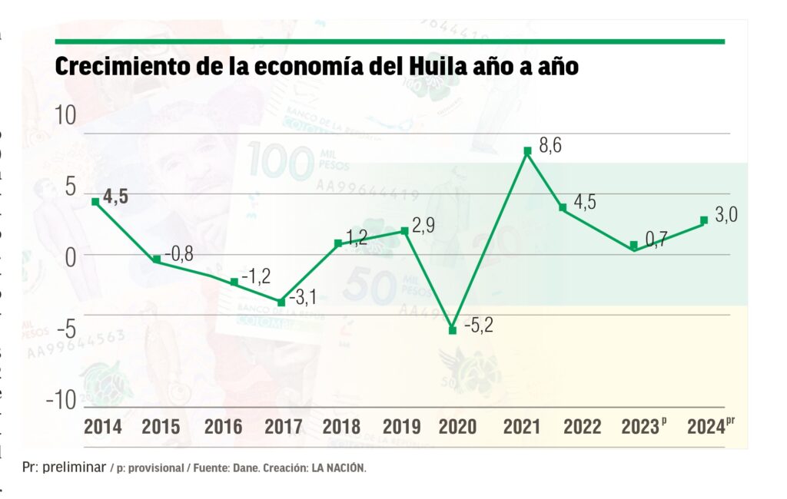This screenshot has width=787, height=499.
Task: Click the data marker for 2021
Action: [528, 150]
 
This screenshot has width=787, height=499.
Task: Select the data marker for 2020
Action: [453, 330]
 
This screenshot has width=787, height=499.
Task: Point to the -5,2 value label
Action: [478, 325]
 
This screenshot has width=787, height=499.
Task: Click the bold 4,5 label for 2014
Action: [115, 196]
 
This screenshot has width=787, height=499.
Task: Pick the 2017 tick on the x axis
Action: [282, 427]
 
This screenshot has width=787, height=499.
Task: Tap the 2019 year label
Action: [402, 427]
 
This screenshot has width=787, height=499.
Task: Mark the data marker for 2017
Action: [281, 302]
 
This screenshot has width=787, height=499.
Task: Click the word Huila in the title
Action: [429, 68]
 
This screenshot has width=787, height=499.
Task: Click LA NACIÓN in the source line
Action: [338, 468]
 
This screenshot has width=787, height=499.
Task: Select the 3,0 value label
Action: [726, 215]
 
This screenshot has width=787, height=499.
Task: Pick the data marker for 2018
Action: [338, 243]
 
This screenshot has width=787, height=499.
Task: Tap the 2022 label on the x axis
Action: [583, 427]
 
